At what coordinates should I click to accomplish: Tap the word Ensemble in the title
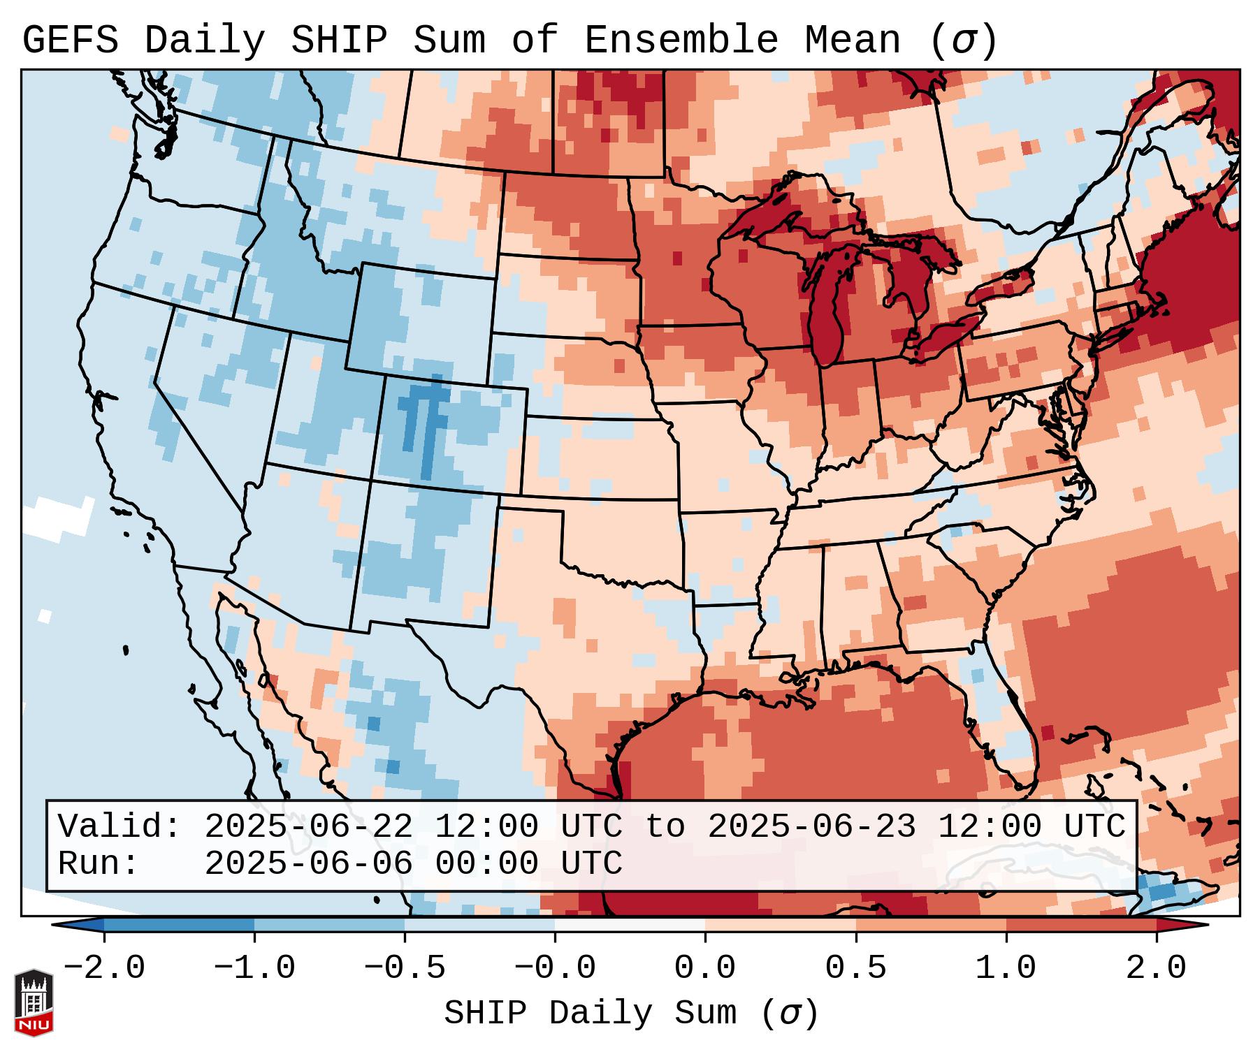681,41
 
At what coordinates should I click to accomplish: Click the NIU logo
34,1002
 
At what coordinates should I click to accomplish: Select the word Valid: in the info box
120,827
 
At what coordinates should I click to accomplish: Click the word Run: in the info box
99,864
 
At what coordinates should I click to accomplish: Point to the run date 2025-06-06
308,864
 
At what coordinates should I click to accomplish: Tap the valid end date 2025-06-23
811,827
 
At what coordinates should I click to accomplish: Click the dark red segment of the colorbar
1080,925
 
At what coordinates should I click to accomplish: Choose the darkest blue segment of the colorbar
179,925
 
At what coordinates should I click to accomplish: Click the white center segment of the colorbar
630,925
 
